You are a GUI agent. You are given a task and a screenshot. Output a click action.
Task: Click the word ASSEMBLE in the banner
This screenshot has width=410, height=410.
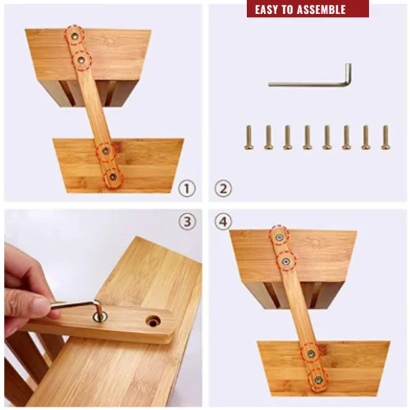(x=321, y=10)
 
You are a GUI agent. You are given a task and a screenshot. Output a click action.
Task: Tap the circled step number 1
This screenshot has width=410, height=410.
(x=187, y=189)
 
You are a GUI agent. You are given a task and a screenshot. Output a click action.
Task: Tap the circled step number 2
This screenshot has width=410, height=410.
(x=223, y=189)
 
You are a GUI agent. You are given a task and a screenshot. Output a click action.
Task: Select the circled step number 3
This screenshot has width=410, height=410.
(x=188, y=221)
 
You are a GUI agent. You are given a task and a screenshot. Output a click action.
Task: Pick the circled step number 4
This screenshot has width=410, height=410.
(x=223, y=221)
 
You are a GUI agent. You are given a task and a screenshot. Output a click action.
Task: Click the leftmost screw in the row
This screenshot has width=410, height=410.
(x=248, y=138)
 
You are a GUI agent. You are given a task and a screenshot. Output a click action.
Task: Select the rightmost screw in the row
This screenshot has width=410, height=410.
(x=385, y=138)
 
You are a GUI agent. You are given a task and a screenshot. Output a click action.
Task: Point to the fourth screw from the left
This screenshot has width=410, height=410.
(x=307, y=138)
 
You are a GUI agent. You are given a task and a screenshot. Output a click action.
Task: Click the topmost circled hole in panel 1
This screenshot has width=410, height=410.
(x=75, y=35)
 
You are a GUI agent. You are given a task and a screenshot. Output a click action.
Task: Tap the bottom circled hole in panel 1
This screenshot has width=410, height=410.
(x=113, y=177)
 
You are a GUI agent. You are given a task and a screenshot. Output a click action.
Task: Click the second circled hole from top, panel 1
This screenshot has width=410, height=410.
(x=82, y=61)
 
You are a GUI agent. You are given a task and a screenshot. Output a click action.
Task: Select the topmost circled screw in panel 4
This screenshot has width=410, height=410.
(x=279, y=237)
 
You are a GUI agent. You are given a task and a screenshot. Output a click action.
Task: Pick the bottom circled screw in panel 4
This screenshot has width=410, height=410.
(x=318, y=380)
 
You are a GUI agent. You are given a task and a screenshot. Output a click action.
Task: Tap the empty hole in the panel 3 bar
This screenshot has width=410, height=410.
(x=153, y=321)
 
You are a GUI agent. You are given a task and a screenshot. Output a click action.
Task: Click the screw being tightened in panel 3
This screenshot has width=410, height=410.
(x=100, y=317)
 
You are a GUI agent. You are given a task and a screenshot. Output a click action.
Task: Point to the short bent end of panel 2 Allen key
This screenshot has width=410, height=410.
(x=348, y=73)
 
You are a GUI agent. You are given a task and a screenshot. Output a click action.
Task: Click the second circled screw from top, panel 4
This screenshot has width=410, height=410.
(x=286, y=262)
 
